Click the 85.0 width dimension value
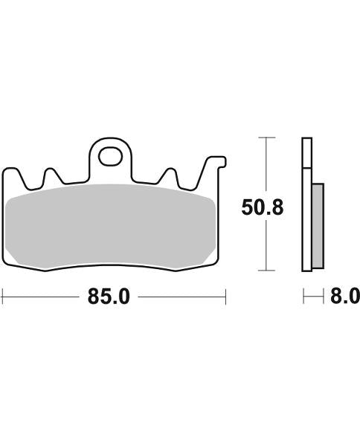[x=109, y=297]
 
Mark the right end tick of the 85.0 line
[x=225, y=297]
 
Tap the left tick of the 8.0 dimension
[x=303, y=297]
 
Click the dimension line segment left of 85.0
[x=41, y=297]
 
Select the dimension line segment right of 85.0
[x=181, y=297]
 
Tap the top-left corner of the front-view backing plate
[x=7, y=169]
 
